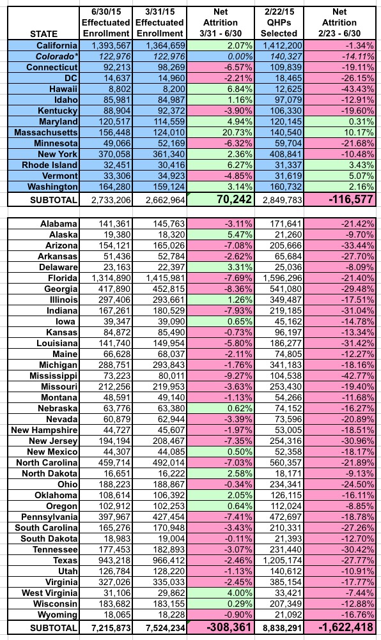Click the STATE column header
point(43,34)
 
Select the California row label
point(57,45)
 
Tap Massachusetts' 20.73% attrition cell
point(220,132)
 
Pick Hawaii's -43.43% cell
point(339,89)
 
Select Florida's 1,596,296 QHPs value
point(279,278)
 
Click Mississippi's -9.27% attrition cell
point(220,376)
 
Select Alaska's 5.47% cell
point(220,234)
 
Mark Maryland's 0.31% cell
point(339,121)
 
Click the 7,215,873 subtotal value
point(111,628)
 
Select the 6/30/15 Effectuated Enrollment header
point(105,23)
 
